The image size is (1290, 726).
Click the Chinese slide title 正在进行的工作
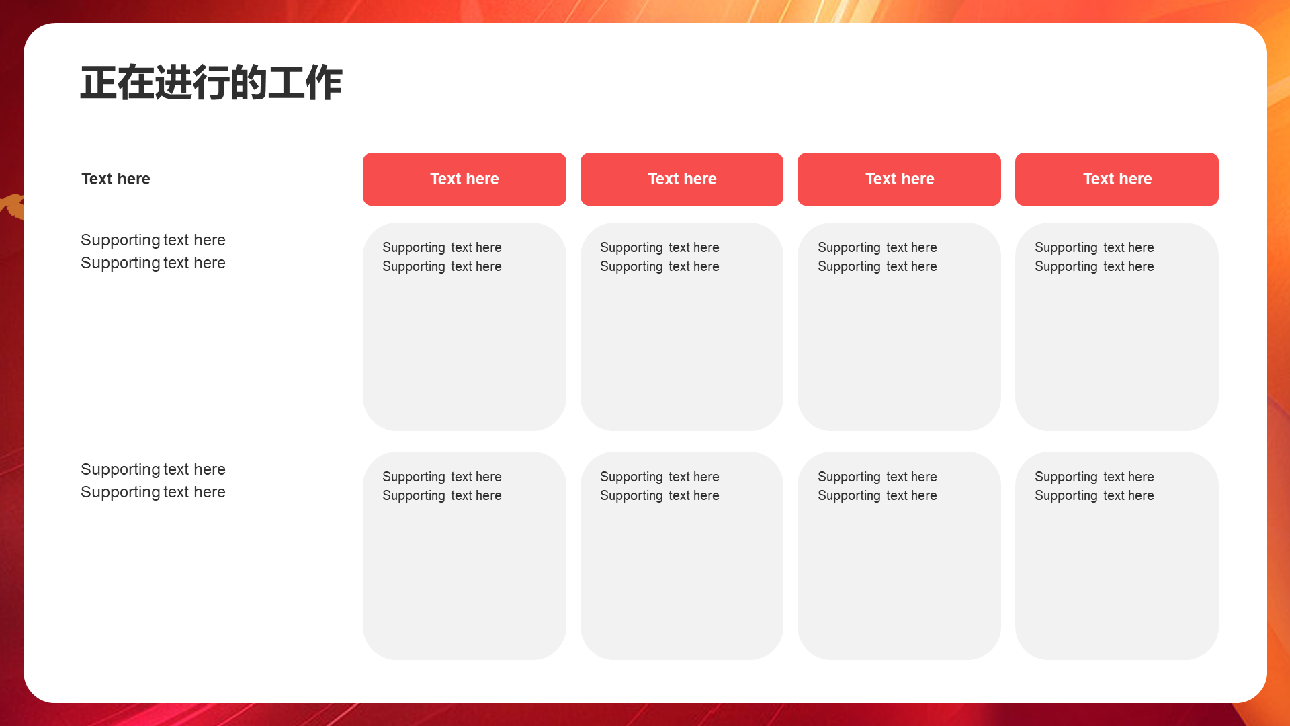coord(212,83)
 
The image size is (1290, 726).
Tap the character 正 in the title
coord(99,83)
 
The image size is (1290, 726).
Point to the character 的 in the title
coord(249,83)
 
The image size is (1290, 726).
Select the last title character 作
coord(324,83)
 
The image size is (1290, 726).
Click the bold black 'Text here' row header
coord(116,179)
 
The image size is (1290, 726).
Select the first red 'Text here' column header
coord(464,179)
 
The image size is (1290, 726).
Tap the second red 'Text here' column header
coord(682,179)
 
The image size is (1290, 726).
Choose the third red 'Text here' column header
coord(899,179)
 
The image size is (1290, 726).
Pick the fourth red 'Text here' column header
coord(1117,179)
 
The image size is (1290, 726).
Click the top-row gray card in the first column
coord(464,327)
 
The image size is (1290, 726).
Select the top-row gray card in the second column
coord(682,327)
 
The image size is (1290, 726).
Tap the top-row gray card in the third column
coord(899,327)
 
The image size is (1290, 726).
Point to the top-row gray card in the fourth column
coord(1117,327)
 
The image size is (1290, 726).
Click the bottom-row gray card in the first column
coord(464,556)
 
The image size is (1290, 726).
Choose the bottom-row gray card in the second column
coord(682,556)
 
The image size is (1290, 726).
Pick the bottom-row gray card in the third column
coord(899,556)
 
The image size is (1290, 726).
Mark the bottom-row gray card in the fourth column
coord(1117,556)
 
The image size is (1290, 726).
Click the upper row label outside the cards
coord(153,251)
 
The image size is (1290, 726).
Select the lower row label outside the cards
coord(153,481)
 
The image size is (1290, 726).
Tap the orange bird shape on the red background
coord(13,206)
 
